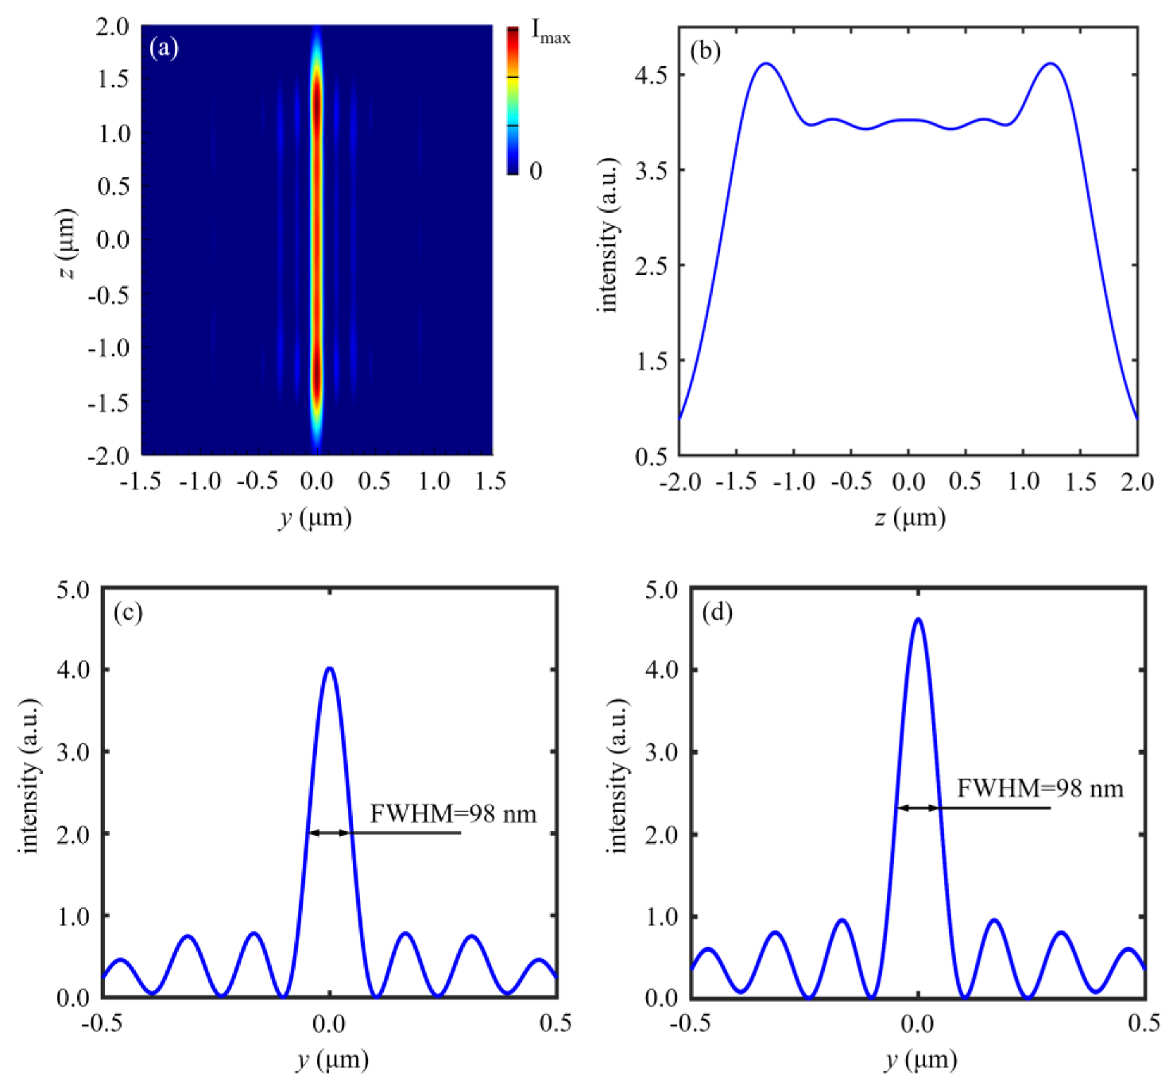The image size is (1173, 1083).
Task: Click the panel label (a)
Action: point(164,48)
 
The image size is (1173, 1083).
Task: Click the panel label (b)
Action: point(705,51)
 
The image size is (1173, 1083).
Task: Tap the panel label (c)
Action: point(128,613)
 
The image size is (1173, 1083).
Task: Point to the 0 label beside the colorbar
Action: point(536,171)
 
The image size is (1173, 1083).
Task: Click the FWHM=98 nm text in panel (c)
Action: point(453,814)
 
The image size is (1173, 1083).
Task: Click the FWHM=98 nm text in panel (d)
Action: point(1040,788)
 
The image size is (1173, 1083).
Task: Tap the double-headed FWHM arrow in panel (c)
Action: point(329,833)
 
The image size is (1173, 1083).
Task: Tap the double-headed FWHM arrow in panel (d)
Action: point(918,808)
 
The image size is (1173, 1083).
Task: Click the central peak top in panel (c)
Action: point(330,668)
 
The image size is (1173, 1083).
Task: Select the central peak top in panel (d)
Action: point(918,619)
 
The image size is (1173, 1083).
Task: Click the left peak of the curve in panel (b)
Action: point(765,64)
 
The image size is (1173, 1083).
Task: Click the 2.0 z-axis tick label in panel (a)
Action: point(113,26)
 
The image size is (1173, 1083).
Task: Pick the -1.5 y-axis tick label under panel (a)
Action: point(141,482)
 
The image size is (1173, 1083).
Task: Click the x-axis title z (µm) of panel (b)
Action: point(909,518)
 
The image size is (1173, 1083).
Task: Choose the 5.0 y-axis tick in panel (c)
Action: point(73,590)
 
